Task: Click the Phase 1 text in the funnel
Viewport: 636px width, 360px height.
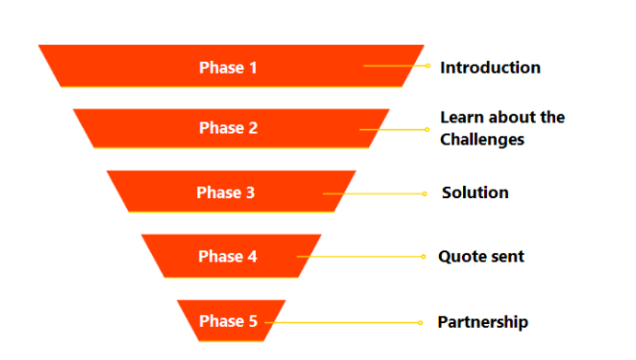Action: (x=222, y=67)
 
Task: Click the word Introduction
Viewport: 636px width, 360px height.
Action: (x=490, y=67)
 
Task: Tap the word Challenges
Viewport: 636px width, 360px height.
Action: (x=481, y=140)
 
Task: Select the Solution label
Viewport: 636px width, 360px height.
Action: (x=475, y=192)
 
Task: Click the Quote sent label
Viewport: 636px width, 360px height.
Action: (x=480, y=257)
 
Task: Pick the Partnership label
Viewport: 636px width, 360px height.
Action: (x=482, y=321)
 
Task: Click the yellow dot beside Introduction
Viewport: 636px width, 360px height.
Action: (x=428, y=66)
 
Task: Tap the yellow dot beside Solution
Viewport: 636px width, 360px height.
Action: (x=424, y=193)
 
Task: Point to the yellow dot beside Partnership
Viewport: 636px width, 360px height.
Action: (x=422, y=322)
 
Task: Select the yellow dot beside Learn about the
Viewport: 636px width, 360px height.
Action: (x=428, y=130)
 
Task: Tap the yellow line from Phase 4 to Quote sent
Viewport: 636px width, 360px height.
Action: (x=368, y=257)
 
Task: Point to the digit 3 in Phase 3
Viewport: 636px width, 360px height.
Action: (x=249, y=192)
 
